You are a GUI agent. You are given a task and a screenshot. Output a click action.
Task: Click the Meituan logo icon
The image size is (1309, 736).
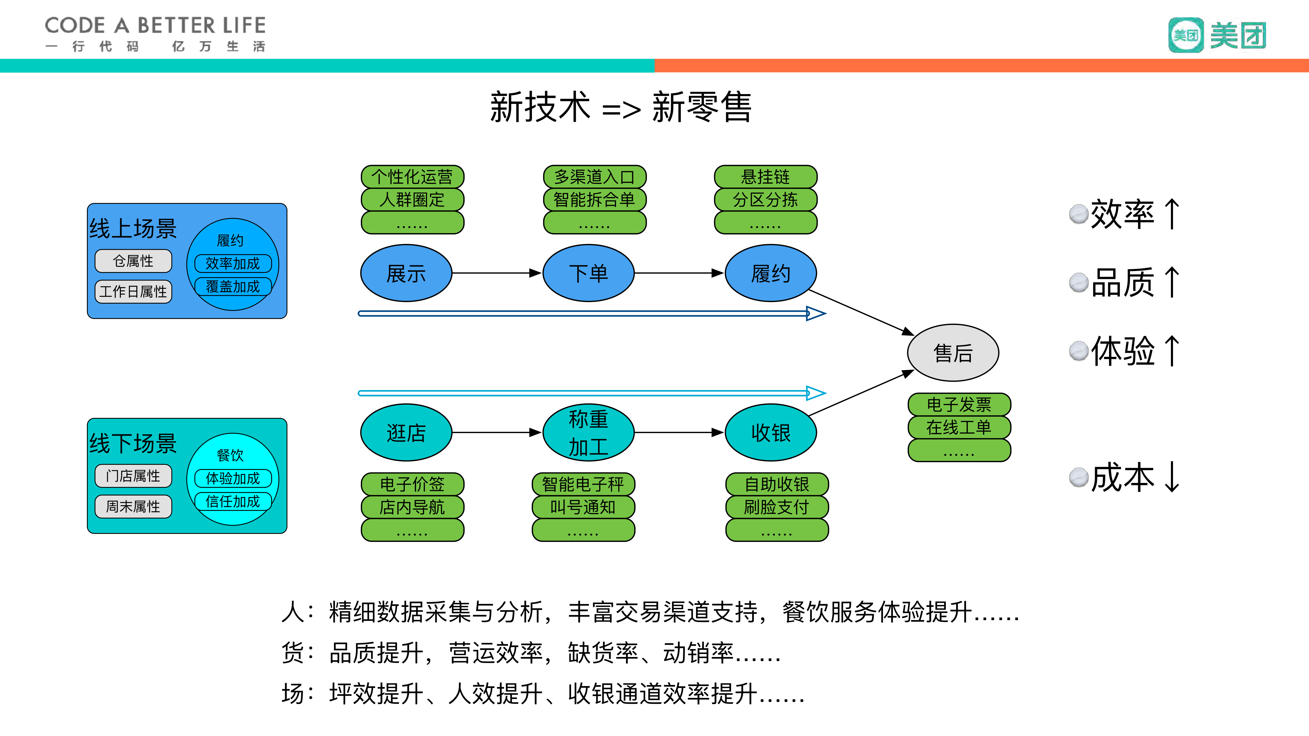click(1185, 35)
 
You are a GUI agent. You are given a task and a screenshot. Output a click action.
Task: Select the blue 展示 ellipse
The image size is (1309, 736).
click(406, 273)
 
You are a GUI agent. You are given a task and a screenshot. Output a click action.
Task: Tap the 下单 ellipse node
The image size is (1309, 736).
click(588, 273)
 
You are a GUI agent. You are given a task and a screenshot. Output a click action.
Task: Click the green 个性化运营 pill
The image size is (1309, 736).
click(412, 177)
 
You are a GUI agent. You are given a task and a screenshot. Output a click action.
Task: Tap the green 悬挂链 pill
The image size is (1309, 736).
click(765, 177)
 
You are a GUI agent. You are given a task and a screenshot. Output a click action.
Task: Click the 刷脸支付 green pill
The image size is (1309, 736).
click(776, 507)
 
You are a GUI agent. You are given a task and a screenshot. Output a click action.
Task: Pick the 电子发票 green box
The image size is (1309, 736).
click(959, 404)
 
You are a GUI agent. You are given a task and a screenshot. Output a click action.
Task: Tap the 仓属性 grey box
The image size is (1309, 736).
click(133, 261)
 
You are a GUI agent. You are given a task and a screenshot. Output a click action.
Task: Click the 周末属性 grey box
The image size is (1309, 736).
click(133, 506)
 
